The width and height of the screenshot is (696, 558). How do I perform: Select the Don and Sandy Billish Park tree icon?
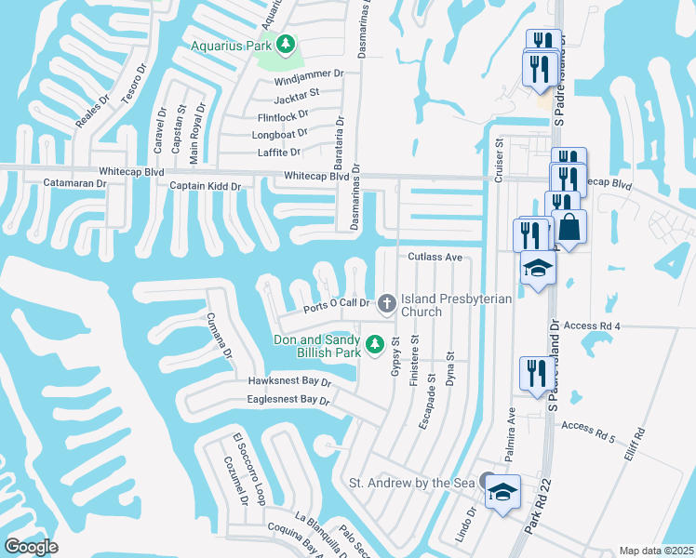[375, 345]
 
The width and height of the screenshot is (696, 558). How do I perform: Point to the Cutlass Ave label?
[435, 257]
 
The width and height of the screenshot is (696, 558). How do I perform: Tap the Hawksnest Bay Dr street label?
[289, 381]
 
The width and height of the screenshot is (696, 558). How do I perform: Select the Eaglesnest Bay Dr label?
[288, 400]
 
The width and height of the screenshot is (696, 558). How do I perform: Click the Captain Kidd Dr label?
[205, 186]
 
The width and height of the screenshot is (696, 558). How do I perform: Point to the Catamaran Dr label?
[75, 183]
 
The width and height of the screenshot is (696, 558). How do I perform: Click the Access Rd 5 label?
[588, 426]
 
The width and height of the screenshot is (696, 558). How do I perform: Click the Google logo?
[32, 547]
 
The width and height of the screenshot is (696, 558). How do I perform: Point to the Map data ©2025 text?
[656, 551]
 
